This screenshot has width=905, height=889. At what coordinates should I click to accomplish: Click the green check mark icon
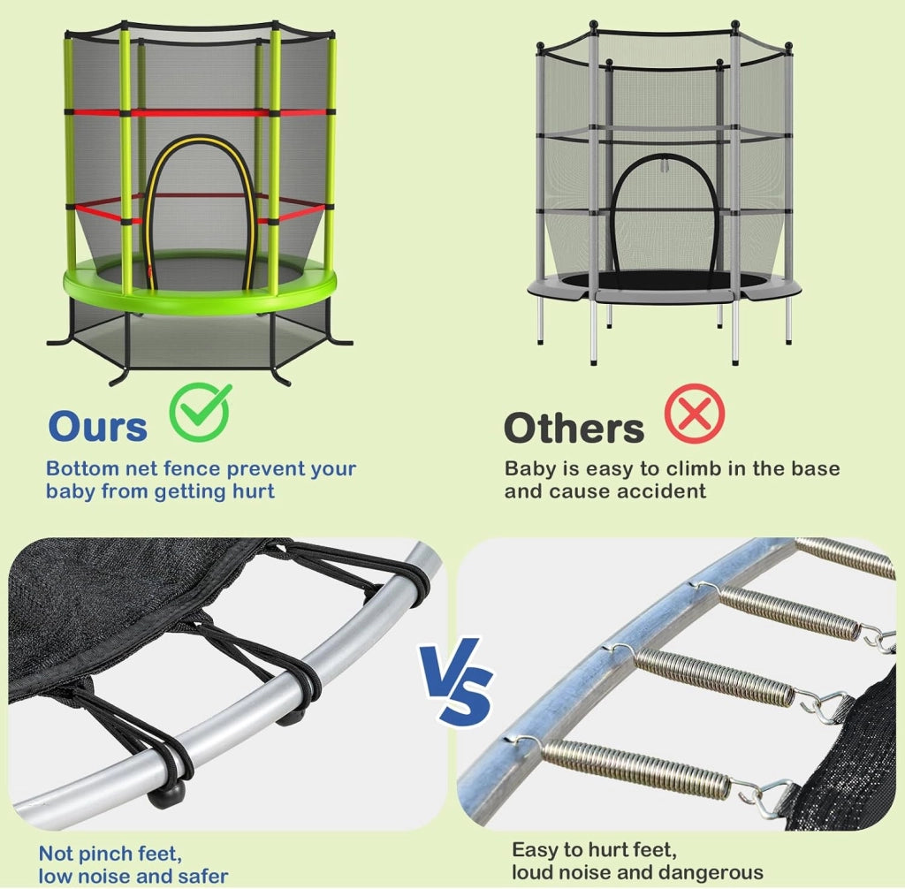click(x=201, y=412)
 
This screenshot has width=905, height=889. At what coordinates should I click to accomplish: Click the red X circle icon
click(x=695, y=414)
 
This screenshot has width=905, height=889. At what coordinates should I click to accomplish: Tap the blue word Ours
click(x=97, y=427)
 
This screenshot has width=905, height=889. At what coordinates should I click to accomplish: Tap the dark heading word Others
click(x=574, y=429)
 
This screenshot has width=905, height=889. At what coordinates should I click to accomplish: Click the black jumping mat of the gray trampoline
click(x=664, y=280)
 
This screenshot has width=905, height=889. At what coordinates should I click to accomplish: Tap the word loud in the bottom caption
click(x=533, y=872)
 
